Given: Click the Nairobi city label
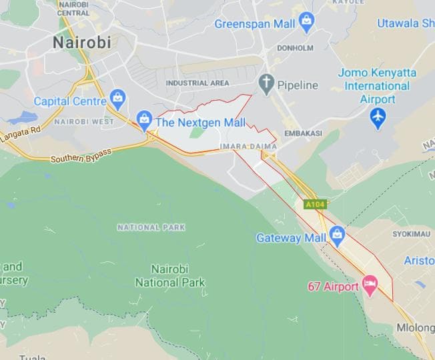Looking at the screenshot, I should [81, 43].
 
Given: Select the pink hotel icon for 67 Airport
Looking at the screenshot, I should [370, 287].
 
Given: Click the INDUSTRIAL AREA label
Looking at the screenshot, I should [197, 83].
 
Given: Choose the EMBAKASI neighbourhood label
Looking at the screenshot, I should [303, 133].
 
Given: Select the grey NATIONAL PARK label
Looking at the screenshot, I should [151, 227].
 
